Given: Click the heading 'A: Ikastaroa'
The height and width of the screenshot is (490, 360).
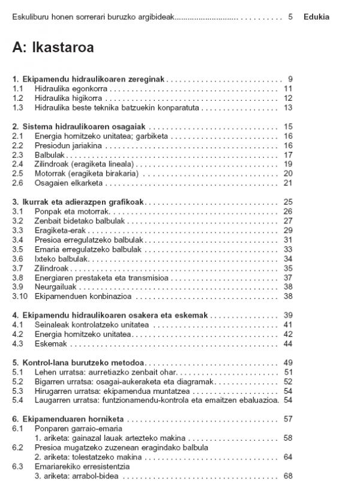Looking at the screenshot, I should [x=53, y=48].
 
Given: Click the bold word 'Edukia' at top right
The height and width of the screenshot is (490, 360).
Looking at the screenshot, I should [x=316, y=17].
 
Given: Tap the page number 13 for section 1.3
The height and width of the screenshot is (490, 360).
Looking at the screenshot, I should [x=287, y=108].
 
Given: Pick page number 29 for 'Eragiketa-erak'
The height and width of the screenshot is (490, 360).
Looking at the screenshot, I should [x=287, y=231].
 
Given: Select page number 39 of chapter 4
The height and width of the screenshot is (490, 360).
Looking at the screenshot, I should [x=287, y=315].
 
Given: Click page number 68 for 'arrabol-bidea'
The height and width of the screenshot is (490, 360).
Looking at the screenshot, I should [x=287, y=476].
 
